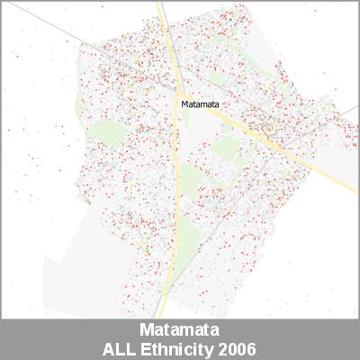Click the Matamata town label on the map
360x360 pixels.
click(200, 103)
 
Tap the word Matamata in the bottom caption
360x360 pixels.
click(180, 329)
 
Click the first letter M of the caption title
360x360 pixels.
click(148, 329)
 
